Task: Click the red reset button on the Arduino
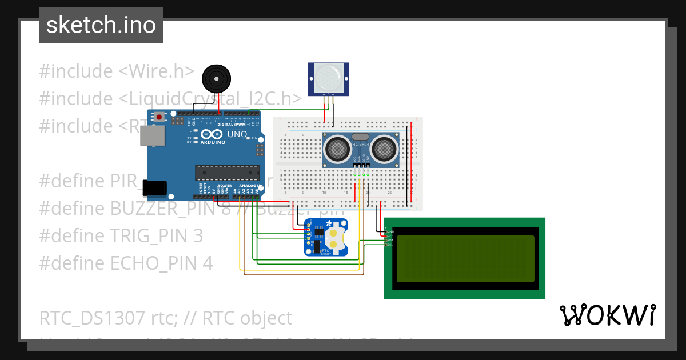158,117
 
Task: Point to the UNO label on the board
237,135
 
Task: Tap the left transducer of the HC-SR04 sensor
337,149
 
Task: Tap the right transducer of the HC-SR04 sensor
384,149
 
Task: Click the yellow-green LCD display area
464,258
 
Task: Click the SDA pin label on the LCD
390,240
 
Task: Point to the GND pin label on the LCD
390,231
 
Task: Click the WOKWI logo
607,315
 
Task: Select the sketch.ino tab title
101,25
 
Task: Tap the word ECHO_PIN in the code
161,263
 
